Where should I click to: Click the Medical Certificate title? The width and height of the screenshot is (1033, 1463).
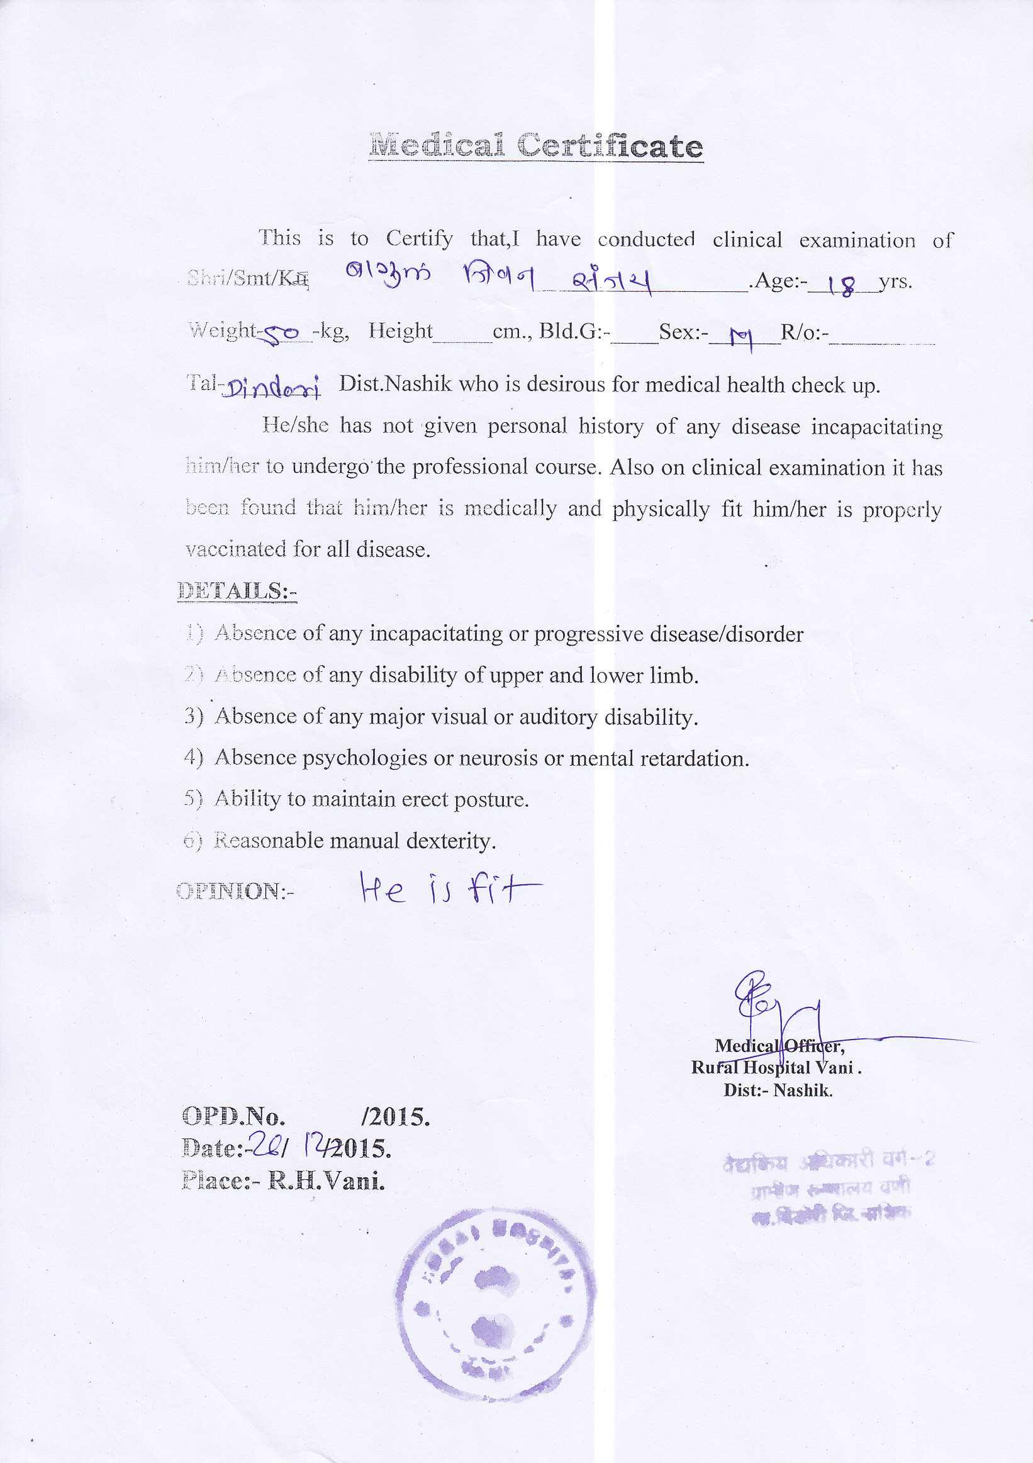point(535,145)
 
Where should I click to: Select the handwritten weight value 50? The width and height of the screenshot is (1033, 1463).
point(282,334)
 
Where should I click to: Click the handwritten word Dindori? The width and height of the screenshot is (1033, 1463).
point(271,387)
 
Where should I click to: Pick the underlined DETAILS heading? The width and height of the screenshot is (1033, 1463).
point(237,591)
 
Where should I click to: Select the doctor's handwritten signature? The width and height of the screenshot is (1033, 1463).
point(780,1013)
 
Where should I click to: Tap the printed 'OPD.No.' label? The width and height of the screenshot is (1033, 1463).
point(233,1116)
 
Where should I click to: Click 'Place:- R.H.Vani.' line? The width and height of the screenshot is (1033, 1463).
point(283,1181)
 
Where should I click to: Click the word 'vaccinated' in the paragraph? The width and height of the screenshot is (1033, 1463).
point(236,549)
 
